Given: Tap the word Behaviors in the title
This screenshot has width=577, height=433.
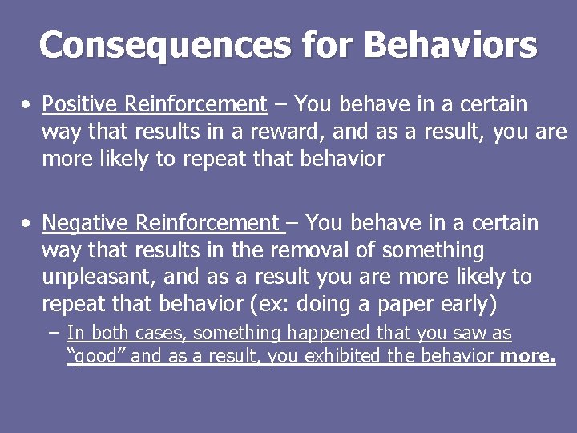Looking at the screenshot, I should pyautogui.click(x=450, y=45).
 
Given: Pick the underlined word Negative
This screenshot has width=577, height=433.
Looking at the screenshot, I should pyautogui.click(x=86, y=222).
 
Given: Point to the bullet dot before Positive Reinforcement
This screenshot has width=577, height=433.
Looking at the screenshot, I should pyautogui.click(x=27, y=105).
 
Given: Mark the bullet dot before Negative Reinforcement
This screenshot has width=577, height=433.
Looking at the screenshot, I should pyautogui.click(x=27, y=223).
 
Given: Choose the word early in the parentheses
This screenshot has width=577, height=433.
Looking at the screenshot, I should pyautogui.click(x=463, y=305).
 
